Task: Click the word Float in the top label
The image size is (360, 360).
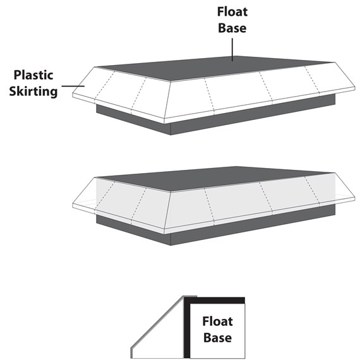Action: click(232, 12)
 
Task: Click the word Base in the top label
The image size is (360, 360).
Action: click(232, 28)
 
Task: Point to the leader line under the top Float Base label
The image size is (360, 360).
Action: click(232, 50)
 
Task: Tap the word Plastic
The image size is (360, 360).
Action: click(33, 75)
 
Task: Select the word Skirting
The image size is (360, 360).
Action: click(33, 92)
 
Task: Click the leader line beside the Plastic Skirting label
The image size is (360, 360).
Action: click(73, 86)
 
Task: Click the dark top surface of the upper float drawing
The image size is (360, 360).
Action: click(215, 68)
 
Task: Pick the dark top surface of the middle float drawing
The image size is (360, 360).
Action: click(215, 179)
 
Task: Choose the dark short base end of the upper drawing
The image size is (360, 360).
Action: click(134, 120)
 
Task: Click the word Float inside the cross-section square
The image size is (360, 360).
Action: click(217, 321)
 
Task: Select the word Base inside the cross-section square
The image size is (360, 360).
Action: click(217, 337)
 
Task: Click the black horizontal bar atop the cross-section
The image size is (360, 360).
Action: click(214, 300)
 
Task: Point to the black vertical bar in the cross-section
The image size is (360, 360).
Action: click(187, 328)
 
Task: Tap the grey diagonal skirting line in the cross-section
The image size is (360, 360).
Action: click(157, 322)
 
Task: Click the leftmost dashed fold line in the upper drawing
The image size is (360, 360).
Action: click(104, 85)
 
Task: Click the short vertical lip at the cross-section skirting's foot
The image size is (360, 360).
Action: click(131, 353)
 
